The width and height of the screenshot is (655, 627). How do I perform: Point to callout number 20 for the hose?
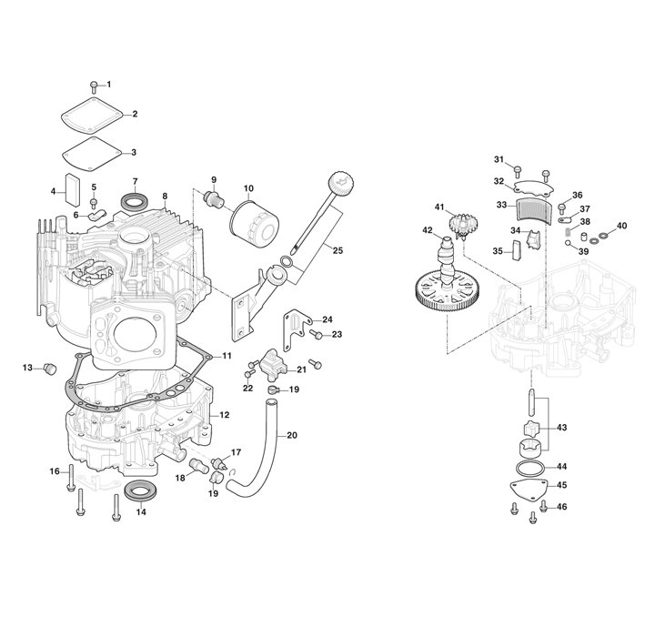pos(292,434)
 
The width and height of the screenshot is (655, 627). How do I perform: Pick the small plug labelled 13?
pos(52,367)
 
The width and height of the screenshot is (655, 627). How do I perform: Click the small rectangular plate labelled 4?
pos(72,186)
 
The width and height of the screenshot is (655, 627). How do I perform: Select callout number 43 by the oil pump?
pos(560,427)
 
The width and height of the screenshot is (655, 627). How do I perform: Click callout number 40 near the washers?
pos(622,226)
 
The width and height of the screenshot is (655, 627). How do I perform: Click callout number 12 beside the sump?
pos(225,415)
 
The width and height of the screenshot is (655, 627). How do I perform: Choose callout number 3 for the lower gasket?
pos(133,152)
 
